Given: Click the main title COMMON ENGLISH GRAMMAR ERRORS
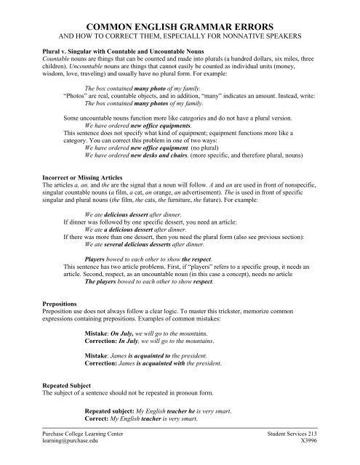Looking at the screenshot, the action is point(180,24).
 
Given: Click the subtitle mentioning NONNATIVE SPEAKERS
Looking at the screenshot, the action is point(180,34).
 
